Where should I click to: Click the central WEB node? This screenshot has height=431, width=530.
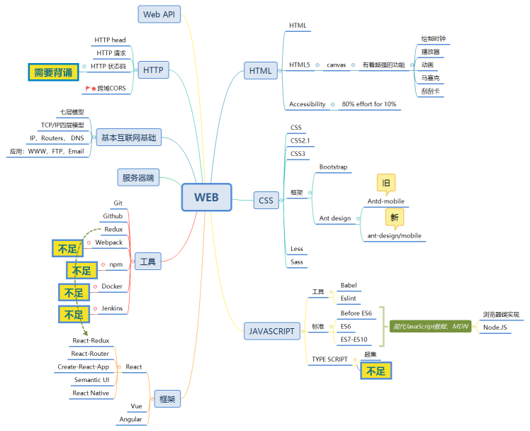pos(206,197)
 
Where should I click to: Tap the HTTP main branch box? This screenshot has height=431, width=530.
pos(153,69)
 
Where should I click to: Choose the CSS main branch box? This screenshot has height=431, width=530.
pos(266,201)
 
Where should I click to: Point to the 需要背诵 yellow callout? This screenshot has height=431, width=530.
pos(53,72)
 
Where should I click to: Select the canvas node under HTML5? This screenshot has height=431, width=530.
pos(336,65)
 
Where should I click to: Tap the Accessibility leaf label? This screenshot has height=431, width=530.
pos(308,104)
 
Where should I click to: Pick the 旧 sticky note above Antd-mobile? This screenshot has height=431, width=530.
pos(386,183)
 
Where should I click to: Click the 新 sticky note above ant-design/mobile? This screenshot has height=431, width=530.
pos(395,217)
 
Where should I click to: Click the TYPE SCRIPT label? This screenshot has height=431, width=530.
pos(329,359)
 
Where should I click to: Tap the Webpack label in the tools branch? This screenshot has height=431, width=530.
pos(109,242)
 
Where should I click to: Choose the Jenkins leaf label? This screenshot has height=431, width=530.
pos(112,308)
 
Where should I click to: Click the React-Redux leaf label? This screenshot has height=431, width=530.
pos(91,341)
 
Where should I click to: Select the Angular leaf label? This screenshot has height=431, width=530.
pos(130,419)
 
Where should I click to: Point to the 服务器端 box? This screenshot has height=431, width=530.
pos(138,177)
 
